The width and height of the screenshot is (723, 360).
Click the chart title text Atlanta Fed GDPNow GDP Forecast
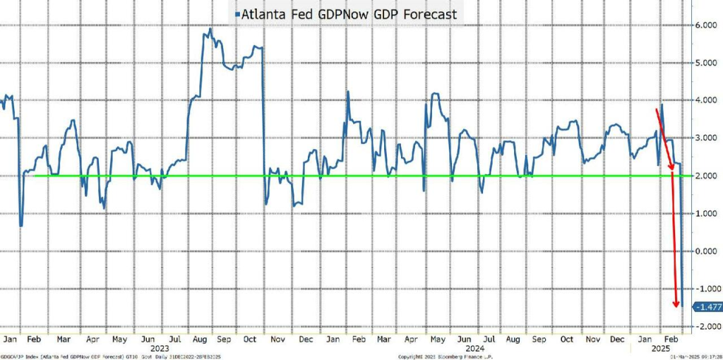(351, 14)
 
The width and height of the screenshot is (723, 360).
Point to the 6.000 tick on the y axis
(707, 25)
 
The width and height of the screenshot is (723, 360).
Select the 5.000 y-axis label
(707, 63)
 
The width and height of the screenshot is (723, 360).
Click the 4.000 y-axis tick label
(707, 100)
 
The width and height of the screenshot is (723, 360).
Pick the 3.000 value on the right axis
(707, 138)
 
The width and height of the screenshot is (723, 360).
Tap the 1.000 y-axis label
(707, 213)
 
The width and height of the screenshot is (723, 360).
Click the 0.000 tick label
(707, 251)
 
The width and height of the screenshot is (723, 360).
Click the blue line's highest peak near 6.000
(210, 29)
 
